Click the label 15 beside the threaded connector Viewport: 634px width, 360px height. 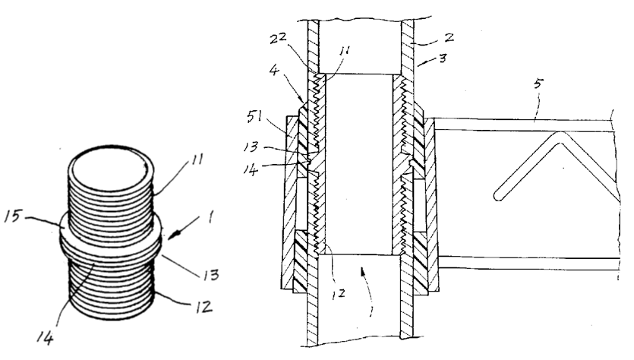(12, 216)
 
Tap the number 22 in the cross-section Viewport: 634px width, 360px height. (278, 39)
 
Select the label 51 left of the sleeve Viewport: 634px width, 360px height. (254, 117)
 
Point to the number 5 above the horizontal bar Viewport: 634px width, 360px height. (538, 84)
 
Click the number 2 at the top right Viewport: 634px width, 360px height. (449, 38)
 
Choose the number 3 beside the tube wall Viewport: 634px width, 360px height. (443, 58)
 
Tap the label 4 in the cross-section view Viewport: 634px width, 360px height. (274, 70)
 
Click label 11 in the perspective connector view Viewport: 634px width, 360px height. (197, 159)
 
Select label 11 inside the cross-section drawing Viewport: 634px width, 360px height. (345, 50)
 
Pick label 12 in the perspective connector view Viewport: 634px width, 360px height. (203, 307)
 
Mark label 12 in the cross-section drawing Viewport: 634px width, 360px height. (338, 294)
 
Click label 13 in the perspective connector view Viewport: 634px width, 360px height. (210, 275)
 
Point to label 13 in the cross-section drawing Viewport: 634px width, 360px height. (251, 146)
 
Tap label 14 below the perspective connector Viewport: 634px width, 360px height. (45, 338)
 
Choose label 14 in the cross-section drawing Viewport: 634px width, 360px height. (251, 169)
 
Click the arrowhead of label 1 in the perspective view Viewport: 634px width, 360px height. (171, 235)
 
